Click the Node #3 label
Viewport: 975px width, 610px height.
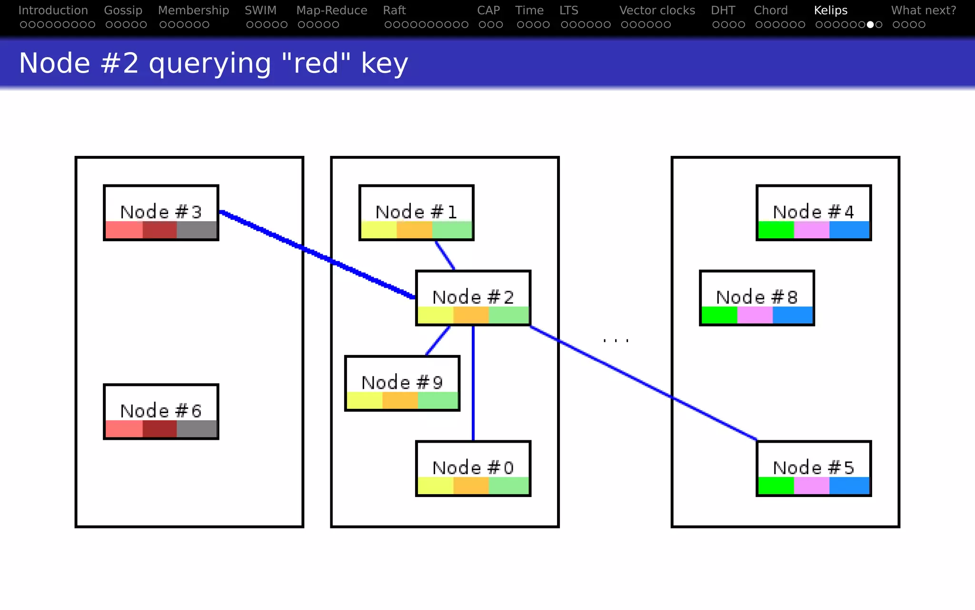pyautogui.click(x=161, y=212)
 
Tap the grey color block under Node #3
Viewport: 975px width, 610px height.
pyautogui.click(x=197, y=230)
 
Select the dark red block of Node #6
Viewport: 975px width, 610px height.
pyautogui.click(x=159, y=429)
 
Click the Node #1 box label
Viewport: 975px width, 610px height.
pyautogui.click(x=416, y=212)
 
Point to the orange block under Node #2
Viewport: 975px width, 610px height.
pyautogui.click(x=471, y=315)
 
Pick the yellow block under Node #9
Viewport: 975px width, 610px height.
pyautogui.click(x=365, y=401)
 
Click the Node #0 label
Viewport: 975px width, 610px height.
pyautogui.click(x=473, y=468)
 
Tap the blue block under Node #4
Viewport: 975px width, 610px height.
pyautogui.click(x=849, y=230)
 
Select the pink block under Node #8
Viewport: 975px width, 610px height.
pyautogui.click(x=755, y=315)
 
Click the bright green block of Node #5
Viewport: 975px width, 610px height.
pyautogui.click(x=776, y=486)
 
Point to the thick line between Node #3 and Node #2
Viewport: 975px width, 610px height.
pyautogui.click(x=316, y=254)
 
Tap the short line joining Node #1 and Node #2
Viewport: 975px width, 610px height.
pyautogui.click(x=445, y=255)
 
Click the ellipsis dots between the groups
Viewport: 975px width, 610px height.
pyautogui.click(x=616, y=340)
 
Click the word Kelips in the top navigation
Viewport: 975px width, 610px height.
pyautogui.click(x=831, y=10)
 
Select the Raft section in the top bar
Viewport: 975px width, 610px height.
pyautogui.click(x=394, y=10)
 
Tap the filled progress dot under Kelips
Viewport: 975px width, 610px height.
pyautogui.click(x=870, y=25)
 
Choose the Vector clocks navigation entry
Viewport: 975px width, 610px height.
pyautogui.click(x=657, y=10)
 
